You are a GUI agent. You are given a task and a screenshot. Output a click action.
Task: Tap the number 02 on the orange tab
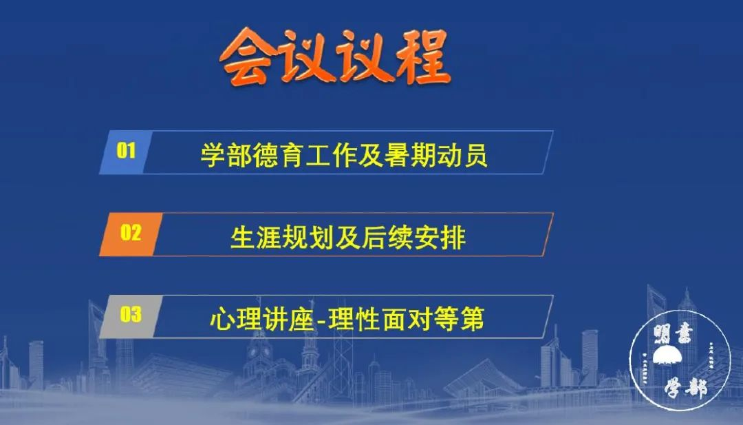(x=131, y=232)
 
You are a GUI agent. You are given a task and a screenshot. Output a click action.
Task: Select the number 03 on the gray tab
(x=131, y=314)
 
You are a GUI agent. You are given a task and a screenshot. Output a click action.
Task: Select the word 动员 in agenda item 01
(x=462, y=155)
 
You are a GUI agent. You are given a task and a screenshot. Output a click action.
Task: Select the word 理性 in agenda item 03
(x=353, y=318)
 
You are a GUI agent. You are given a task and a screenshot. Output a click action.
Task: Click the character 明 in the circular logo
(x=662, y=335)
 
